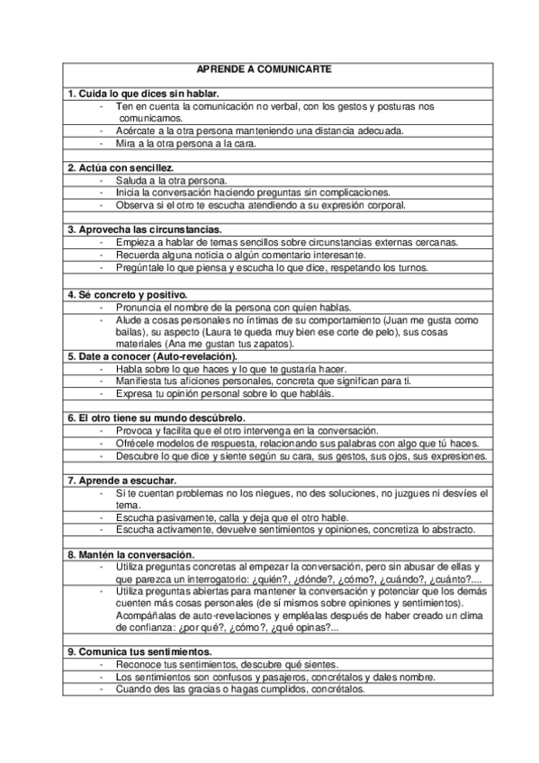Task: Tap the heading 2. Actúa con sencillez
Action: coord(121,167)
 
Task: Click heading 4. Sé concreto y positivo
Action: coord(127,294)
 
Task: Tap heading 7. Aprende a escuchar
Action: coord(121,480)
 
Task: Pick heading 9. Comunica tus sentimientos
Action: coord(139,651)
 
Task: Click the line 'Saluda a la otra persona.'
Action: coord(171,180)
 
